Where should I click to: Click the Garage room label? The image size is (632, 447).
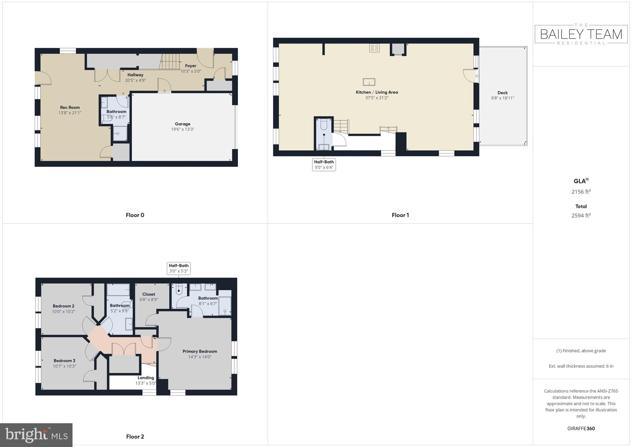182,124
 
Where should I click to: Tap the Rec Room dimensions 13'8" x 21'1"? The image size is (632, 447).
70,113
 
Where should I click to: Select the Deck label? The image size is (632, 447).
502,93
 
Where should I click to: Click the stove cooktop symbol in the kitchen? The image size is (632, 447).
374,48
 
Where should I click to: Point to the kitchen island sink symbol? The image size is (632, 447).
369,82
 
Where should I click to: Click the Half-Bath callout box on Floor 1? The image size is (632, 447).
324,165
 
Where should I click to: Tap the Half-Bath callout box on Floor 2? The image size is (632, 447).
178,268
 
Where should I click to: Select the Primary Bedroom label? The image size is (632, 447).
200,351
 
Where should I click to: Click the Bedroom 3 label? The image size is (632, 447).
64,361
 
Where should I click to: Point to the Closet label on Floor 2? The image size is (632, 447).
148,294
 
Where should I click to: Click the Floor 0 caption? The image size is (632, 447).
135,215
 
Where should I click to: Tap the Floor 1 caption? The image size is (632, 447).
400,215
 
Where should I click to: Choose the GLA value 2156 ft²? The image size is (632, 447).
581,192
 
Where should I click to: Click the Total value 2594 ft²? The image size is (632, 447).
581,215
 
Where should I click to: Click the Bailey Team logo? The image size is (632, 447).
581,34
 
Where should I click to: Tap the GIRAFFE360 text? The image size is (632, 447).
581,428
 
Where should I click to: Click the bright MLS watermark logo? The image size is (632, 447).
36,435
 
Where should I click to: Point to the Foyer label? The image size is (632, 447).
191,66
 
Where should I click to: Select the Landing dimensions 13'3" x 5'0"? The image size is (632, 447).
146,383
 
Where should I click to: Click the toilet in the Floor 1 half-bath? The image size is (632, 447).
324,125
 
